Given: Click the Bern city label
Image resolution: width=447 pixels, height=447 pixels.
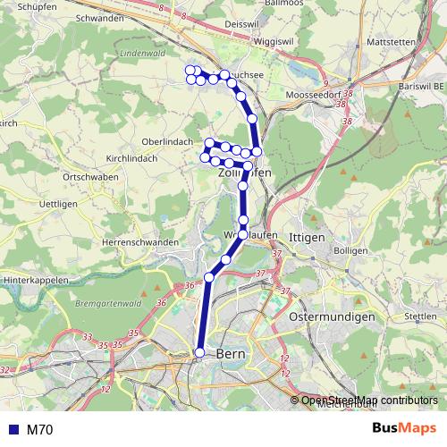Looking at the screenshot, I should pos(230,354).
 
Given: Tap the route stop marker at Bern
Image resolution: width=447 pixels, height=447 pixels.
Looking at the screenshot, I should pos(200,353).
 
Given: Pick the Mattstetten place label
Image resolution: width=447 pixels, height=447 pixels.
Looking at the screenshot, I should pos(392,43).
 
